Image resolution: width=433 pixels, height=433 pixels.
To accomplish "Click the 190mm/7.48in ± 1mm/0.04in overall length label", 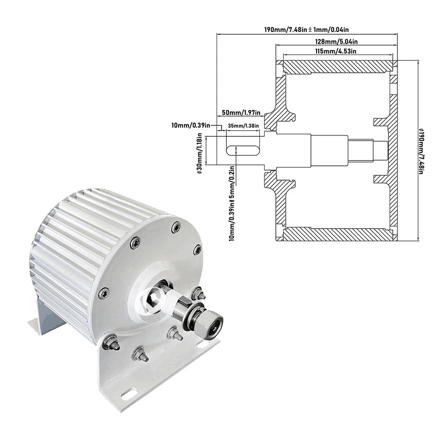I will (x=307, y=30).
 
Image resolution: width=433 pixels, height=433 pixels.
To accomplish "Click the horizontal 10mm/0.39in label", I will (x=191, y=124).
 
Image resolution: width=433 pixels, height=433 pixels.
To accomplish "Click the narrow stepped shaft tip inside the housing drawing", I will (x=380, y=151).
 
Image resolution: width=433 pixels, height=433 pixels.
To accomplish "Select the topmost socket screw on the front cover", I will (x=175, y=227).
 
